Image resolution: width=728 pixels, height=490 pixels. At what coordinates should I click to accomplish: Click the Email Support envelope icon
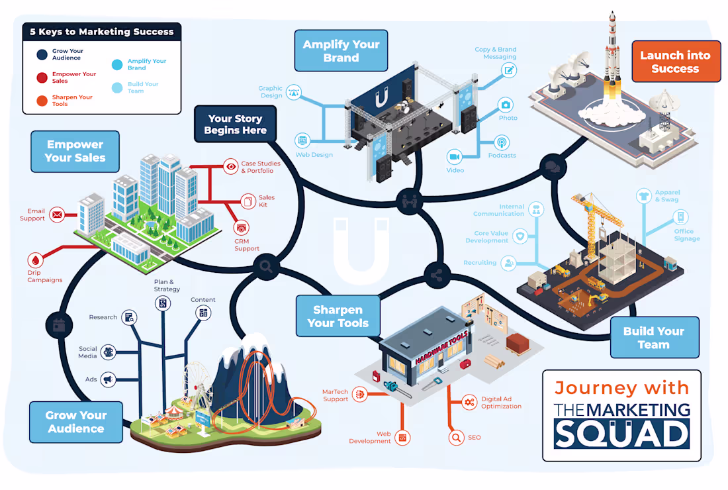pos(57,215)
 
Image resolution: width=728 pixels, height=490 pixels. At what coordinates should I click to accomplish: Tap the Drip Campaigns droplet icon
pos(36,260)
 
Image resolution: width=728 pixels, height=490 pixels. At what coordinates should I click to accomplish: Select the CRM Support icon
pos(241,228)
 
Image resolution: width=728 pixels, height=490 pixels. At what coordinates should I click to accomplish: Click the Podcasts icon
pos(502,142)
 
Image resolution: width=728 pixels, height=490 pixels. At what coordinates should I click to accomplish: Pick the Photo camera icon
pos(506,105)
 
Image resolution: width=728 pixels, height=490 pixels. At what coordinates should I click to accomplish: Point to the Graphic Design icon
pos(293,93)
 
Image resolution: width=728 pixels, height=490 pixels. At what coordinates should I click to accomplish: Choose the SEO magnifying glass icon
pos(457,438)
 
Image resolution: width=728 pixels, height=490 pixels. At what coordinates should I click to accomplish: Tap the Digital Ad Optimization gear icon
pos(469,402)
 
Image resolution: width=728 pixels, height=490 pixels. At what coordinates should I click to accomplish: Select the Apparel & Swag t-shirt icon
pos(643,196)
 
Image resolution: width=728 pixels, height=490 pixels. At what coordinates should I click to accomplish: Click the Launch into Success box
pos(676,62)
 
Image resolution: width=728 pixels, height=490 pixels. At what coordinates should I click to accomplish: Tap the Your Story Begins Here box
pos(236,124)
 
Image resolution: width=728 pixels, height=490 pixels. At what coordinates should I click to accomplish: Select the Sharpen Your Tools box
pos(338,317)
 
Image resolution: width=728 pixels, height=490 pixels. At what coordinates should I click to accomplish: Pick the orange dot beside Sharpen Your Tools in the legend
pos(42,101)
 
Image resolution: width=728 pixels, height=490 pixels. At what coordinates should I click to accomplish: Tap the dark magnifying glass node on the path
pos(266,266)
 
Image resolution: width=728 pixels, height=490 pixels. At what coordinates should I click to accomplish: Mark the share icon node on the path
pos(437,275)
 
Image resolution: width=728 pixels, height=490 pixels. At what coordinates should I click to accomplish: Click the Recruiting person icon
pos(510,264)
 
